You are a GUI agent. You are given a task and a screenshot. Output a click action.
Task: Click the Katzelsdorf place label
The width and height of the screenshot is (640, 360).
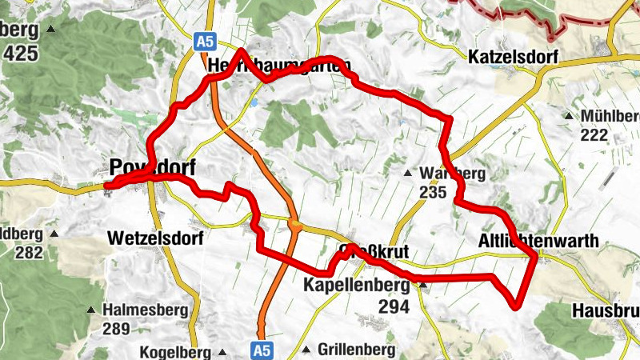(513, 57)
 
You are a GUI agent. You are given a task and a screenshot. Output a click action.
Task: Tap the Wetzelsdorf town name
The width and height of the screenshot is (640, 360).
(155, 238)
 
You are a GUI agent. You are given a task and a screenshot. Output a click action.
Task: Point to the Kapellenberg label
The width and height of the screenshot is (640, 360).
(357, 285)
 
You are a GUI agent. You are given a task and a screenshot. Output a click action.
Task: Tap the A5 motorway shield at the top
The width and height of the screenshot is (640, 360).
(206, 39)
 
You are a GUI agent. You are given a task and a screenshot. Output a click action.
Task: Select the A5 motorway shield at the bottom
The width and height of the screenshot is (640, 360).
(262, 350)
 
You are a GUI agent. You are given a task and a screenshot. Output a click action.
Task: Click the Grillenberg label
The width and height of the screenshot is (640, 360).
(356, 350)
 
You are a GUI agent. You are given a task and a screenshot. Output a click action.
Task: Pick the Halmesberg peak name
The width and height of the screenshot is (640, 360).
(145, 310)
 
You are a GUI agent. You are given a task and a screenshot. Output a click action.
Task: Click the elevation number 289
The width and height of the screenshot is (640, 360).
(116, 328)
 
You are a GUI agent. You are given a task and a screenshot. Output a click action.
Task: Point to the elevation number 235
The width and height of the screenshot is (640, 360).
(431, 192)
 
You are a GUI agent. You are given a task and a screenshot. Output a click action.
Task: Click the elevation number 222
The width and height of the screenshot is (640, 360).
(594, 134)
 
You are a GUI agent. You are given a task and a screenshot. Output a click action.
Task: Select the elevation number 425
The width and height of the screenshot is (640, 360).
(21, 54)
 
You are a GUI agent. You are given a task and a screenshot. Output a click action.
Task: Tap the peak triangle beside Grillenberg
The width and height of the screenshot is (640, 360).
(306, 350)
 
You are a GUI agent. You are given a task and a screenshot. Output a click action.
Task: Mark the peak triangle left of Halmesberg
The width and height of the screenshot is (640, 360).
(92, 310)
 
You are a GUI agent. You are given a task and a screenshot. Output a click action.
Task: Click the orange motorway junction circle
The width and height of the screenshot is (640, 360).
(295, 227)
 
